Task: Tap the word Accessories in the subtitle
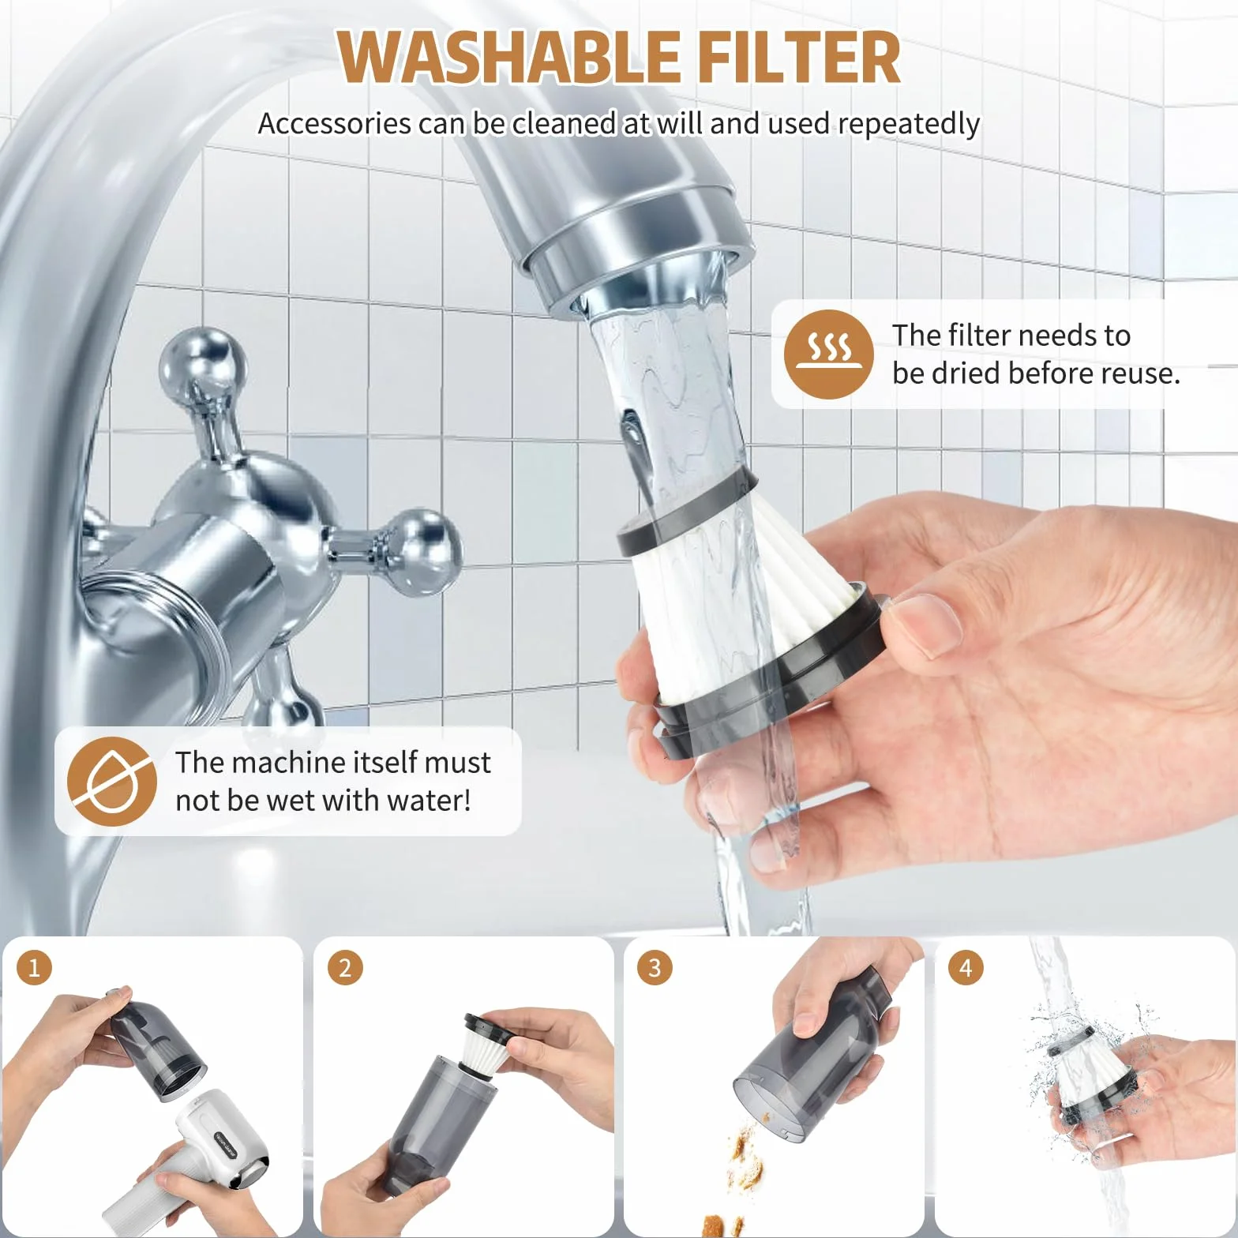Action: click(x=335, y=124)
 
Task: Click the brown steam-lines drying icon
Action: click(x=828, y=354)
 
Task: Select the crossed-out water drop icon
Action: click(x=111, y=782)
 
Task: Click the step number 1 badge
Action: click(x=34, y=967)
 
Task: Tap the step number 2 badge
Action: click(x=344, y=967)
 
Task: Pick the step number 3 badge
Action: click(x=655, y=967)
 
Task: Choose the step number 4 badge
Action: click(x=966, y=967)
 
